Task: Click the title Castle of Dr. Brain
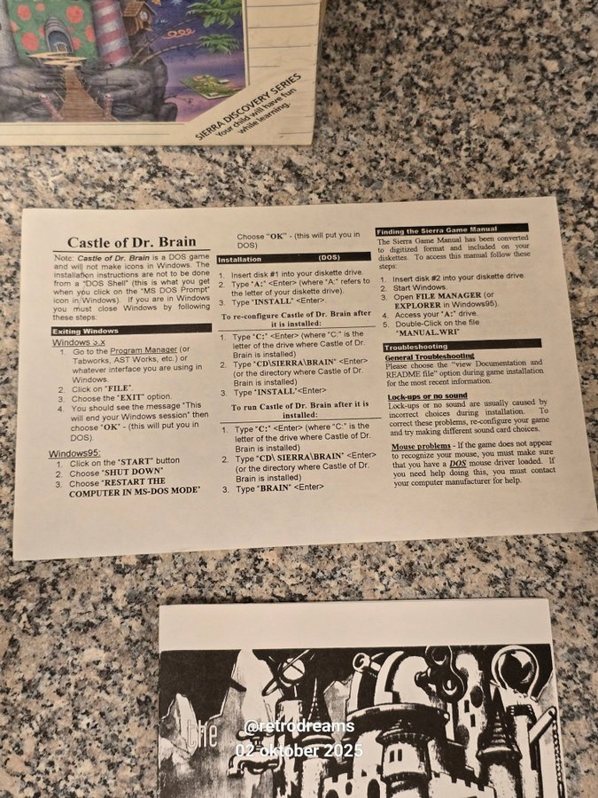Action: [x=132, y=242]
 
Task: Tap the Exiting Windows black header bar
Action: [x=131, y=329]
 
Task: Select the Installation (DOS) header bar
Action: [x=293, y=258]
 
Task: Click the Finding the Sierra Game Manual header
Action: [x=452, y=230]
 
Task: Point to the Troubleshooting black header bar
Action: [x=462, y=345]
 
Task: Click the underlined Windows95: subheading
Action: [x=74, y=453]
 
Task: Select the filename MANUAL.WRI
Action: [x=428, y=332]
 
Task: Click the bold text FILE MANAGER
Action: [x=448, y=295]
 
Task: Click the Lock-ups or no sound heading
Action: [x=427, y=396]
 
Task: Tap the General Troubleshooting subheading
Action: [x=429, y=356]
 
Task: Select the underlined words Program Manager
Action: [x=144, y=350]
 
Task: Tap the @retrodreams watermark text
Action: [x=299, y=725]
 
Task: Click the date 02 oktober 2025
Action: [x=299, y=750]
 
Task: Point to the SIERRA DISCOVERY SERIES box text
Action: [x=248, y=106]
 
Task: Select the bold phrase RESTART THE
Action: [x=135, y=482]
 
